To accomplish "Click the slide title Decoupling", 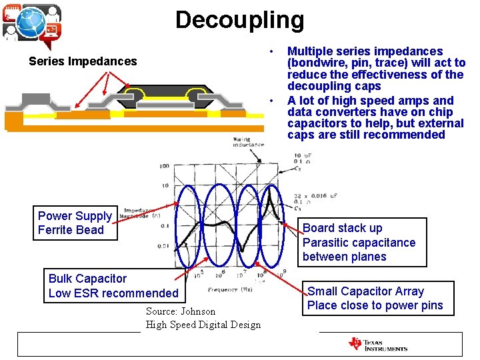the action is click(239, 20).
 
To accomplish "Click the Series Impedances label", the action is click(83, 61).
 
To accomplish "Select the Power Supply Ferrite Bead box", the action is click(75, 223).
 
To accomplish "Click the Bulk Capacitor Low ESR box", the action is click(113, 286).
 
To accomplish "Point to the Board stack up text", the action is click(343, 228).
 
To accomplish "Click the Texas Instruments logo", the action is click(378, 345).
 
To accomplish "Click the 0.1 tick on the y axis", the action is click(163, 226).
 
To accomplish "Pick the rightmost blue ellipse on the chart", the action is click(269, 220).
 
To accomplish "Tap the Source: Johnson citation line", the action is click(181, 311).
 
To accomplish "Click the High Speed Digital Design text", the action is click(203, 325).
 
